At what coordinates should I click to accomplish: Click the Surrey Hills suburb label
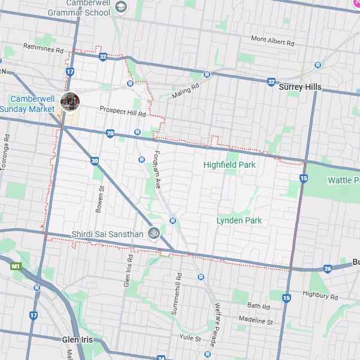pyautogui.click(x=300, y=87)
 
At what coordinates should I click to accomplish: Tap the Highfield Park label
pyautogui.click(x=229, y=165)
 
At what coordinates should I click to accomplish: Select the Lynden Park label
pyautogui.click(x=239, y=220)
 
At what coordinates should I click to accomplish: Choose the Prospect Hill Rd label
pyautogui.click(x=123, y=113)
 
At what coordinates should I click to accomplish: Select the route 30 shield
pyautogui.click(x=95, y=161)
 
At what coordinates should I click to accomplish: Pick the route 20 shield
pyautogui.click(x=110, y=133)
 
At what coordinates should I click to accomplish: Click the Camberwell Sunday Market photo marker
pyautogui.click(x=70, y=102)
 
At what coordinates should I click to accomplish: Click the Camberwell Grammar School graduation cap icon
pyautogui.click(x=122, y=7)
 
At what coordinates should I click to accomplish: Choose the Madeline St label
pyautogui.click(x=256, y=321)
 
